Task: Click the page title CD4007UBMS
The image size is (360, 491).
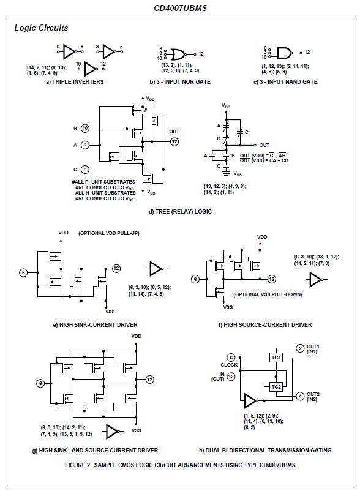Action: tap(179, 8)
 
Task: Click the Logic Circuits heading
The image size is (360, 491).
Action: tap(41, 28)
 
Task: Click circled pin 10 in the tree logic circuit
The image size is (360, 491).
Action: tap(85, 129)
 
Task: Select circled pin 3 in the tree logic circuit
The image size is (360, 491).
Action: tap(85, 144)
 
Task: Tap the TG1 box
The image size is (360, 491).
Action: tap(276, 358)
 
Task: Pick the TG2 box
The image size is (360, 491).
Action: tap(276, 387)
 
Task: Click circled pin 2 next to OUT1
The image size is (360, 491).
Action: tap(300, 348)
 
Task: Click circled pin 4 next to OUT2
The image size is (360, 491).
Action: tap(300, 396)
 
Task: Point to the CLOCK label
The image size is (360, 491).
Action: tap(229, 365)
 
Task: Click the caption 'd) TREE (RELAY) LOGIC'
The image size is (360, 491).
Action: tap(179, 212)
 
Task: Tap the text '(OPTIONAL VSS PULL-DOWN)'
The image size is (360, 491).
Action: tap(268, 294)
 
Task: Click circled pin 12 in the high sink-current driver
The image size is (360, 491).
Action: tap(116, 268)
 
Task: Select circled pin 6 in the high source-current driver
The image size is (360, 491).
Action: tap(195, 279)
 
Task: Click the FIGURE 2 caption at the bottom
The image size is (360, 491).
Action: tap(179, 465)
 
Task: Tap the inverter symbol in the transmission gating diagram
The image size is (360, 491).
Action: tap(250, 401)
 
